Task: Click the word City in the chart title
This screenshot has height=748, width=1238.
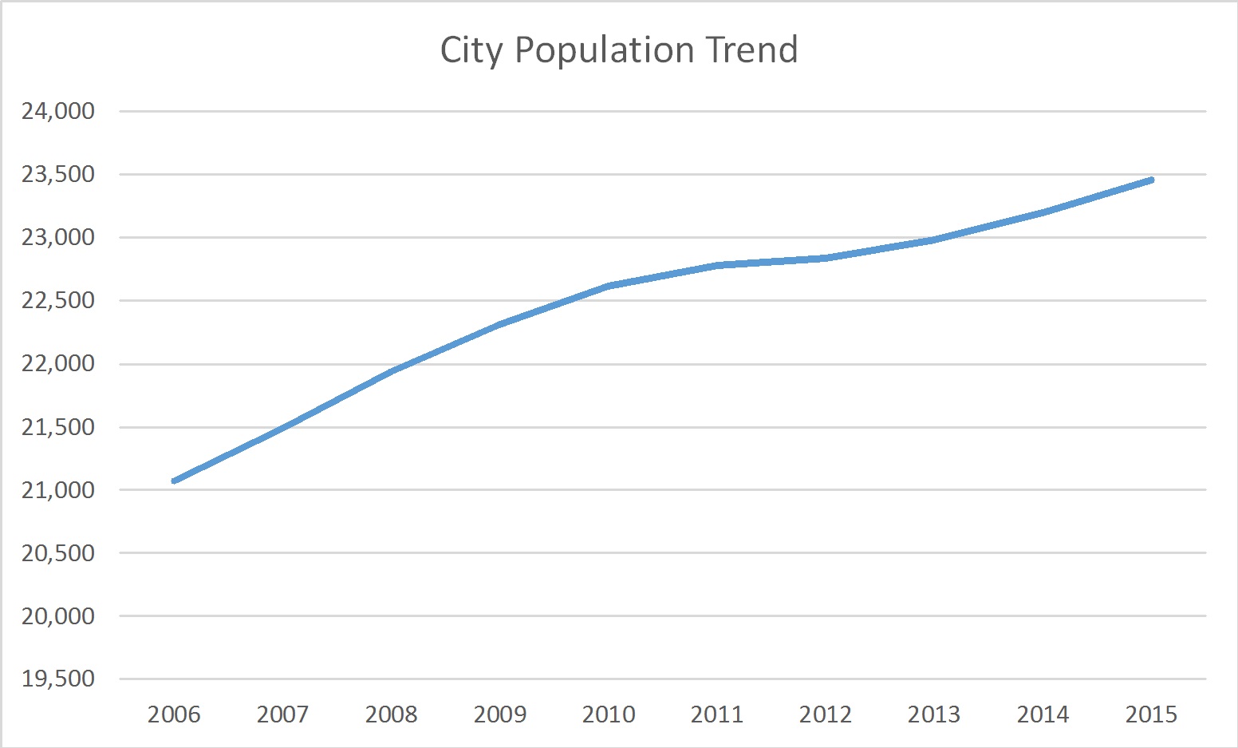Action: [471, 50]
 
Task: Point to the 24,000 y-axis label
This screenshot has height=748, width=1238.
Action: [58, 111]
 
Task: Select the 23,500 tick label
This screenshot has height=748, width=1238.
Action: [58, 174]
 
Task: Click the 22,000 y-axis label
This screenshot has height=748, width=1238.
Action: [58, 363]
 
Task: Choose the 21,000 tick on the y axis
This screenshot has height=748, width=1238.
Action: [58, 490]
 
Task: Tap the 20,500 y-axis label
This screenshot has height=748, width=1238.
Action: [58, 552]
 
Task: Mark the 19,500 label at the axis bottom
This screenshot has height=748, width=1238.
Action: [58, 679]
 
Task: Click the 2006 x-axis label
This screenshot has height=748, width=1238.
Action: [174, 714]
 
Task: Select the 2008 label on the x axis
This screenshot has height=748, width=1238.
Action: [391, 714]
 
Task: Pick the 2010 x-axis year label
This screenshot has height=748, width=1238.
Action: [609, 714]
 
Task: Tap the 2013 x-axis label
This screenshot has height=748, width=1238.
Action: [934, 714]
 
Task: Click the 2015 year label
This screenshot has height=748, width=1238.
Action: [1151, 714]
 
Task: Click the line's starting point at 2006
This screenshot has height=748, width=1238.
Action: [174, 481]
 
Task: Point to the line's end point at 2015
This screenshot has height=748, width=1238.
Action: [1151, 180]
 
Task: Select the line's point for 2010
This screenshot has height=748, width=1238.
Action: [609, 286]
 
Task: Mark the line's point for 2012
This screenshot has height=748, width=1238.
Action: [826, 258]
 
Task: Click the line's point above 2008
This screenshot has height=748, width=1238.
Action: [391, 371]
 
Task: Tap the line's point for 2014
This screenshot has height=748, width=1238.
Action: [1043, 212]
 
